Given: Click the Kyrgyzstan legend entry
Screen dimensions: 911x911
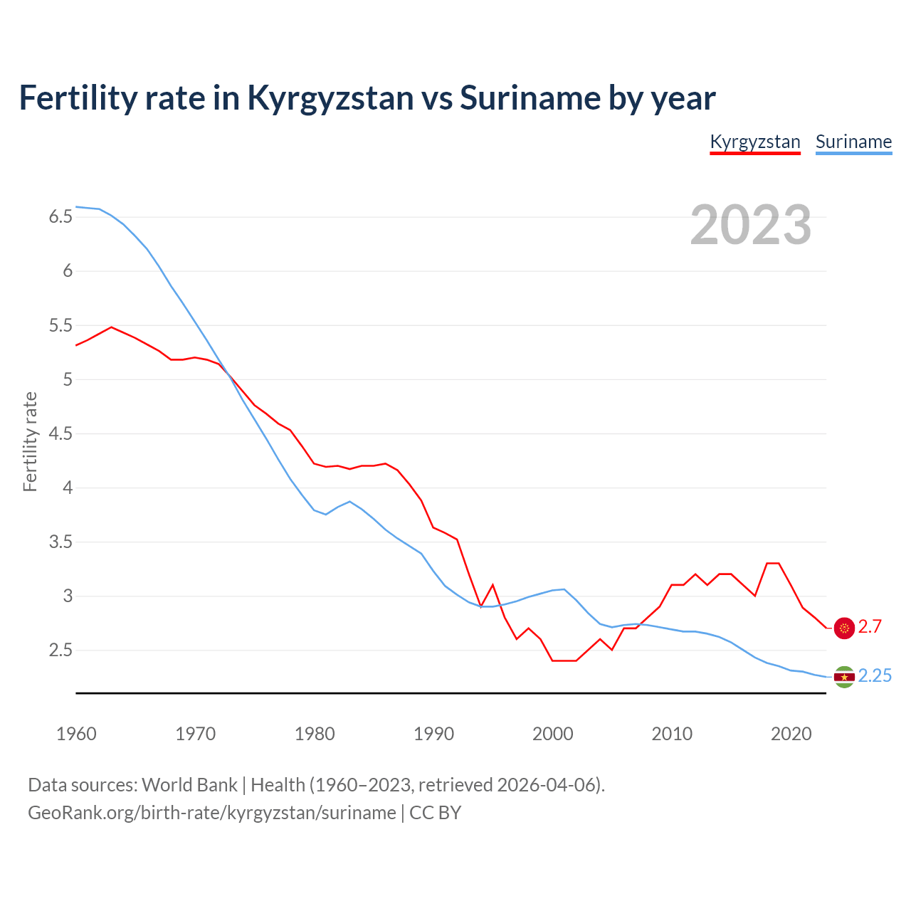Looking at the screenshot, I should (x=755, y=142).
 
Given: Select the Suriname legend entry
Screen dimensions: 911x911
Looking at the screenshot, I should (x=853, y=142).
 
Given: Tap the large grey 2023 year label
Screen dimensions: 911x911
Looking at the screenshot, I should (x=750, y=225).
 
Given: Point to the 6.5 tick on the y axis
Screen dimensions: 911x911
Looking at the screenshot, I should (x=60, y=217).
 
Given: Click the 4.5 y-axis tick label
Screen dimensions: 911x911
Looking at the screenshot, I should (x=60, y=433).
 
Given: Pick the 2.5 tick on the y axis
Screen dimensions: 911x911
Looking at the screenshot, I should (x=60, y=651).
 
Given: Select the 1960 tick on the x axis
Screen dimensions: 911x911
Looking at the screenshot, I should (x=76, y=734).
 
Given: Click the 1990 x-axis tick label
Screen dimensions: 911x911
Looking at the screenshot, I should (x=433, y=734).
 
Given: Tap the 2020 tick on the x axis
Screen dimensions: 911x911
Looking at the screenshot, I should (x=791, y=734).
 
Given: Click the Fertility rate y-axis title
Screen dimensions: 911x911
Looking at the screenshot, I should (x=30, y=441).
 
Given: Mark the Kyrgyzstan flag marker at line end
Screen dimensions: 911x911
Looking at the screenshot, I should (x=844, y=628).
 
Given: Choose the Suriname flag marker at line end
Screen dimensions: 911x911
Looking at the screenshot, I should (x=844, y=677).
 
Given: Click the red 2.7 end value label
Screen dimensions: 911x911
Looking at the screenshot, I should (x=870, y=627).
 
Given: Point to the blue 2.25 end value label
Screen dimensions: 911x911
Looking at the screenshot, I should (x=875, y=676).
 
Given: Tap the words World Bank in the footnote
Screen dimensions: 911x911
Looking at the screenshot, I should (x=189, y=785).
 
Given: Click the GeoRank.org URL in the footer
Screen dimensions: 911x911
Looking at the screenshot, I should (x=211, y=813).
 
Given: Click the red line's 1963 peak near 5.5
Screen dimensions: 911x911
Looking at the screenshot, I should (x=111, y=327).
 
